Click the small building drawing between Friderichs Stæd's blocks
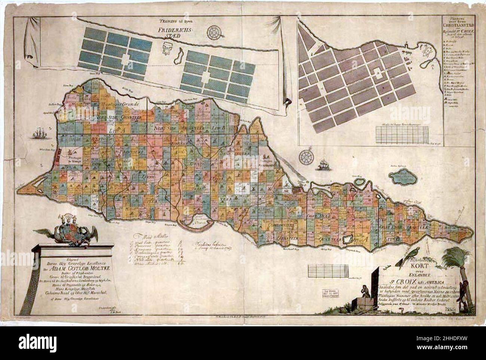point(167,47)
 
